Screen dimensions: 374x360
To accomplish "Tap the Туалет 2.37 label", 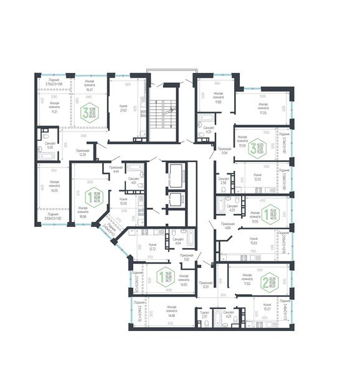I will [x=204, y=315].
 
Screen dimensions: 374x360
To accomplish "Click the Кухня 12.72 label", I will [x=144, y=246].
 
